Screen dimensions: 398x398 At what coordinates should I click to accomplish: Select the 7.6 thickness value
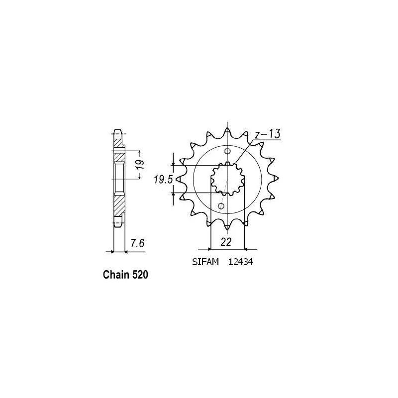137,244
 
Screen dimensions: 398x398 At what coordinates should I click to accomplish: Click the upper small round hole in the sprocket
228,152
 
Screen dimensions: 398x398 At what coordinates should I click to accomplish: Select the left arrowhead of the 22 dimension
212,248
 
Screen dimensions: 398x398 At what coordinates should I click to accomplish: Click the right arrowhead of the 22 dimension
245,248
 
